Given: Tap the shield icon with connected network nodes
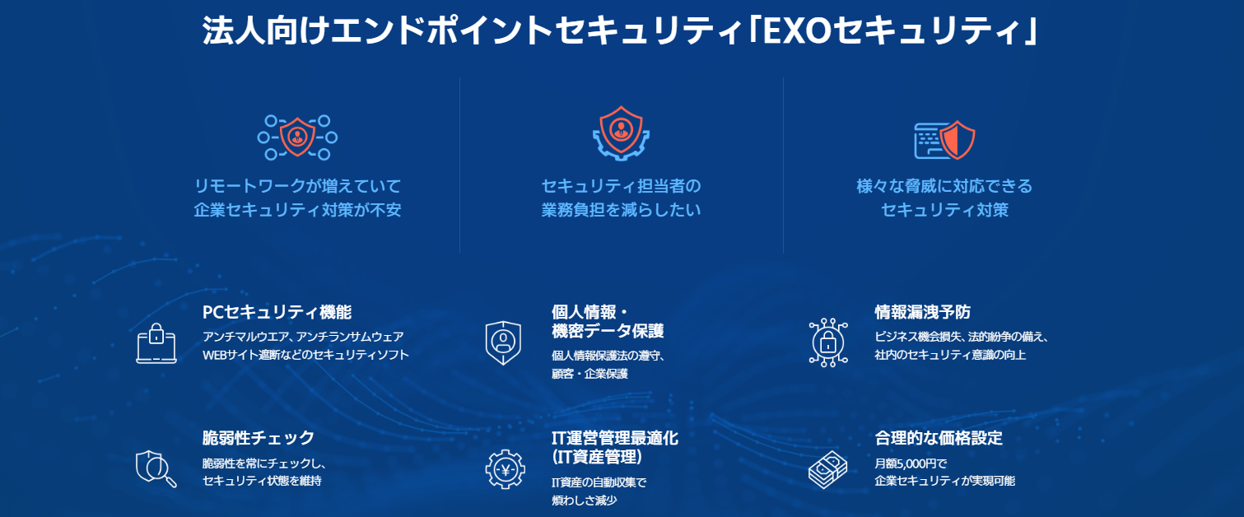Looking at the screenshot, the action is coord(298,137).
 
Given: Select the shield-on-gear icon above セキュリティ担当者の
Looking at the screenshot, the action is coord(621,133).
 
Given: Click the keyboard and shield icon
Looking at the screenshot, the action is coord(944,141).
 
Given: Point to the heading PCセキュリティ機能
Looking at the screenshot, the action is coord(277,312).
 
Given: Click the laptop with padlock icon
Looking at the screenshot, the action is coord(156,343).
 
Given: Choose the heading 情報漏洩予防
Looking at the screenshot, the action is coord(922,312).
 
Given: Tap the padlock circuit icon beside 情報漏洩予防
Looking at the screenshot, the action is coord(828,342).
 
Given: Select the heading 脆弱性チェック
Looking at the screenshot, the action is coord(259,438).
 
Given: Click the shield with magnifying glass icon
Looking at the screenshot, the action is coord(156,468).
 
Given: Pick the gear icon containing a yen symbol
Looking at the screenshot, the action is coord(505,469).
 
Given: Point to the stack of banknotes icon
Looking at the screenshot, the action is coord(827,470).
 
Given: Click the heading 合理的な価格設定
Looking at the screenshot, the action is coord(939,438).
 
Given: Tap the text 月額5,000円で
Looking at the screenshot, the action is coord(911,463).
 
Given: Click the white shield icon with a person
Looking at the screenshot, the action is coord(503,342).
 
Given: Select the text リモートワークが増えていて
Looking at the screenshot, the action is coord(298,185).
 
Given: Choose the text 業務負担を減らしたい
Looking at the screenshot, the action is coord(621,210).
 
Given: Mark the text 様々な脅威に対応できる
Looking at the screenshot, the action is coord(944,185).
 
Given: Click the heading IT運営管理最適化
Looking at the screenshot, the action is coord(615,438).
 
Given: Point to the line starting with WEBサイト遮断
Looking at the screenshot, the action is coord(305,355).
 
